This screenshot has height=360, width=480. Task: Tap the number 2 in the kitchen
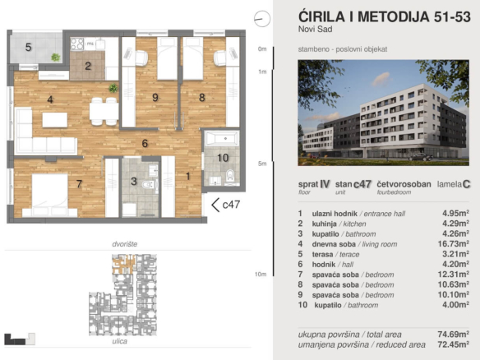pyautogui.click(x=88, y=66)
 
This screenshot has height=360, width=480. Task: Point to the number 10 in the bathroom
pyautogui.click(x=223, y=157)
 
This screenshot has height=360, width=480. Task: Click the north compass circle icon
pyautogui.click(x=262, y=16)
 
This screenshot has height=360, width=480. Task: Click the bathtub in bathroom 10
pyautogui.click(x=219, y=137)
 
